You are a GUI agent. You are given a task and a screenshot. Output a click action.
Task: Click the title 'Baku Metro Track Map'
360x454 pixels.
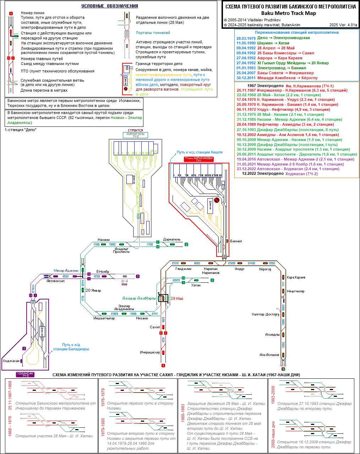[x=290, y=13]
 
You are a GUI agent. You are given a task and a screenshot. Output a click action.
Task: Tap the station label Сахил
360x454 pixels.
[x=155, y=327]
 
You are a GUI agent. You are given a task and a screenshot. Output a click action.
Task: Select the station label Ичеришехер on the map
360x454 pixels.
[x=150, y=352]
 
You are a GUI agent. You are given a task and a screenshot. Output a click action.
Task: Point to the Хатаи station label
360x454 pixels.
[x=196, y=285]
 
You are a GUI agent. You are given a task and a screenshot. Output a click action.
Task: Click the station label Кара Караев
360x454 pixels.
[x=296, y=277]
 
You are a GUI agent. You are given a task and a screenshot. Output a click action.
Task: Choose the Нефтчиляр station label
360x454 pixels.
[x=296, y=291]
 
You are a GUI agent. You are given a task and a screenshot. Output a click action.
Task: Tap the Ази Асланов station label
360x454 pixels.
[x=269, y=355]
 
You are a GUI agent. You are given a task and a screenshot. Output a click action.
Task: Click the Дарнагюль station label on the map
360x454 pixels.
[x=172, y=239]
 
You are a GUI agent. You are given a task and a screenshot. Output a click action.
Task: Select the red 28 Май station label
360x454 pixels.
[x=177, y=298]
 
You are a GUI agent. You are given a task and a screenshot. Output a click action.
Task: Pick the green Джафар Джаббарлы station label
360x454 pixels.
[x=139, y=298]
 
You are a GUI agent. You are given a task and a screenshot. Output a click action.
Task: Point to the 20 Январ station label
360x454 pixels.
[x=93, y=290]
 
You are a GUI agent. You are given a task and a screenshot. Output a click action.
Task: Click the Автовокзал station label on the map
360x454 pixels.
[x=55, y=281]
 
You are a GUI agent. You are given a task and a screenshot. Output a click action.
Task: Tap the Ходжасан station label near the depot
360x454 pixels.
[x=11, y=361]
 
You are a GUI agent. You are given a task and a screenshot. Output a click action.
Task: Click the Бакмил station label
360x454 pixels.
[x=236, y=241]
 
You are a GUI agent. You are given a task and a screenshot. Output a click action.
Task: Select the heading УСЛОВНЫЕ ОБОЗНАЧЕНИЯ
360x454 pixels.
[x=110, y=6]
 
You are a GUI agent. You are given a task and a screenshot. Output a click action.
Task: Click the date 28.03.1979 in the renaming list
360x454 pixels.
[x=246, y=38]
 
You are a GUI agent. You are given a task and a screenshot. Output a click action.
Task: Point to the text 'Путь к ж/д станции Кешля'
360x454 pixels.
[x=200, y=152]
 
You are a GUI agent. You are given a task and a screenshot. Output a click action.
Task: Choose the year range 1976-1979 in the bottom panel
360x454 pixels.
[x=103, y=397]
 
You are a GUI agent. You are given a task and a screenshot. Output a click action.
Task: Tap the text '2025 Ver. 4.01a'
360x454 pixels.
[x=343, y=25]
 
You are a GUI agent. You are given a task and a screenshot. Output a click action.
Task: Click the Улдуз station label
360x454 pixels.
[x=240, y=269]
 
